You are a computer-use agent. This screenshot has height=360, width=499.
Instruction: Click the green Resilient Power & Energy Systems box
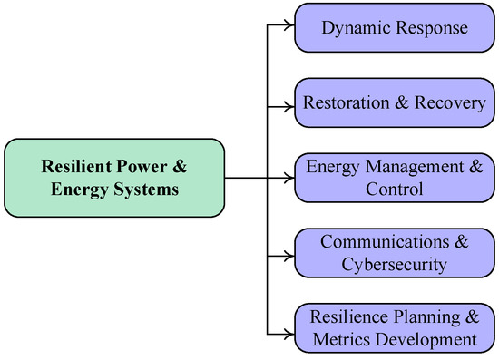point(114,178)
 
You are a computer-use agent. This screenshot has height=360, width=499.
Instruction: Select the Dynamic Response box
point(395,28)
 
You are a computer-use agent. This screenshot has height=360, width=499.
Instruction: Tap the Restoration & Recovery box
point(395,102)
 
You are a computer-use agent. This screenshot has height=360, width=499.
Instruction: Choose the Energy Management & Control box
point(395,178)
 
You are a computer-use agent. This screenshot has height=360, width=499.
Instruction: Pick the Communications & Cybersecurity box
point(395,253)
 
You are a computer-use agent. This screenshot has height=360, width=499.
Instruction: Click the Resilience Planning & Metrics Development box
point(395,328)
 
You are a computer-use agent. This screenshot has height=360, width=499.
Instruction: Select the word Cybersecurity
point(394,264)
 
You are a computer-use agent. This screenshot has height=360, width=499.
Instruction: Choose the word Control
point(394,190)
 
